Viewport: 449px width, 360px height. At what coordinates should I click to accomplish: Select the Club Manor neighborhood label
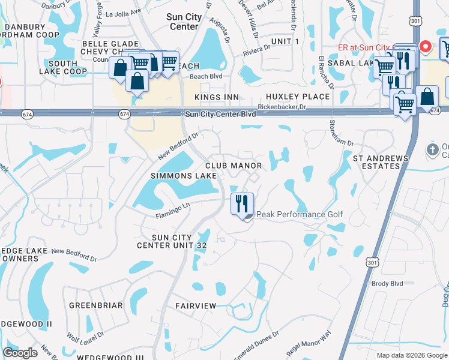(234, 166)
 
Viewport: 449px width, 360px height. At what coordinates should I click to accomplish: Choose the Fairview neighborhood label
(196, 306)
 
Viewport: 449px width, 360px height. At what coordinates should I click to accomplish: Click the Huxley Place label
(298, 97)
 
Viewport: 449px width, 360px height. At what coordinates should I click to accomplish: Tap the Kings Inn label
(216, 97)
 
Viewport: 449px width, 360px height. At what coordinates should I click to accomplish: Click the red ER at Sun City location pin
(425, 46)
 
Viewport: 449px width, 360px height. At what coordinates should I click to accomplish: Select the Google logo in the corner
(20, 353)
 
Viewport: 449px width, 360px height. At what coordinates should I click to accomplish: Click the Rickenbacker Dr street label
(282, 107)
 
